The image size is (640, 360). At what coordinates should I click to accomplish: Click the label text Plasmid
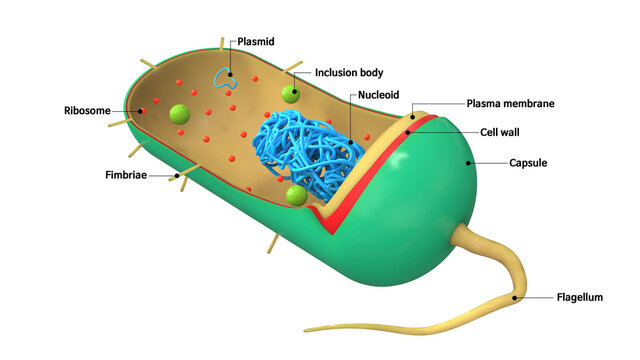click(x=256, y=42)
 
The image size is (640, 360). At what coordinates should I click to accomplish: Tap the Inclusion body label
click(x=349, y=72)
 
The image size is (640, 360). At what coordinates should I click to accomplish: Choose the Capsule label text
click(x=528, y=162)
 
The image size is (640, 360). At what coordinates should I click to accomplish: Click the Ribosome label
click(x=87, y=111)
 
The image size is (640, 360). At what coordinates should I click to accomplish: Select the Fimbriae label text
click(x=128, y=175)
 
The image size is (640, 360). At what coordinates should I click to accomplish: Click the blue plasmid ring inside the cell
click(x=228, y=80)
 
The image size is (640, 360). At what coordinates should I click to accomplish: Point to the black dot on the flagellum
click(x=515, y=296)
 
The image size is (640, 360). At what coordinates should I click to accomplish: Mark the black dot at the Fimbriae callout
click(x=177, y=175)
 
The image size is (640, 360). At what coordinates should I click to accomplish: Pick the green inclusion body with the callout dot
click(x=290, y=94)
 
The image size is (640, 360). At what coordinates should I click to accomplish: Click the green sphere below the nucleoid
click(x=295, y=195)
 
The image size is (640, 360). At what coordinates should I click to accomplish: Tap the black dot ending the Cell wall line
click(x=408, y=130)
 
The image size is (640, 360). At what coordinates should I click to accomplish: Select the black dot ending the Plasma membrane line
click(x=412, y=117)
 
